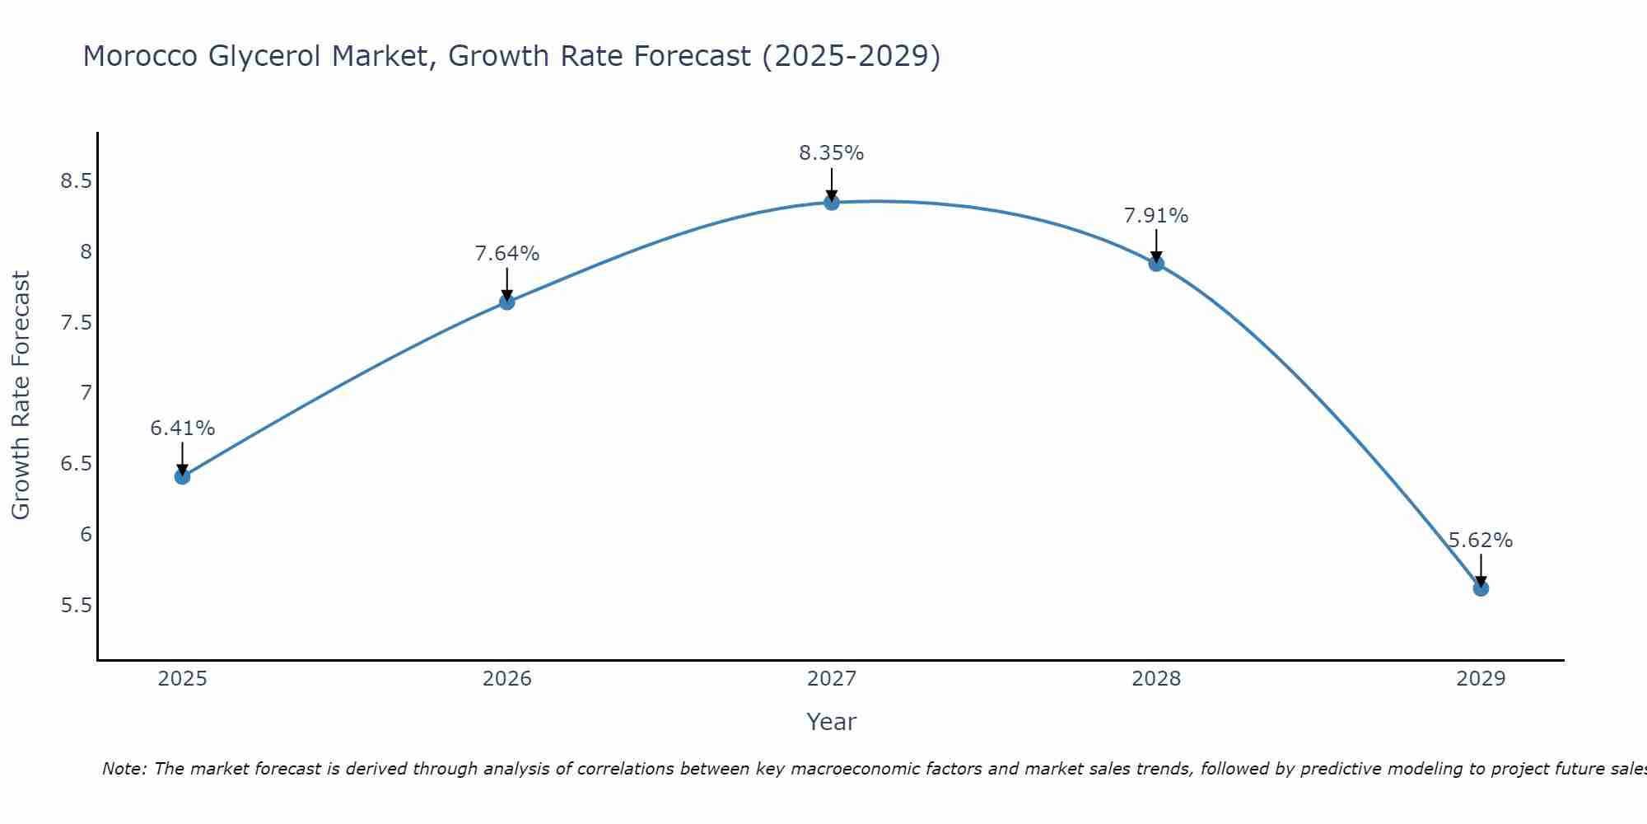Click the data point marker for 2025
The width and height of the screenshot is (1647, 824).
182,476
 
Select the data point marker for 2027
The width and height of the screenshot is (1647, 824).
832,202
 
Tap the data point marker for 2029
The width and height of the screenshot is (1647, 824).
1481,588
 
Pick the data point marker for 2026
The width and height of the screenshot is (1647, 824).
507,302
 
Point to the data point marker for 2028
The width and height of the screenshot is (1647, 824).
1156,264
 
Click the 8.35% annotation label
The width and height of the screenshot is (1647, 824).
832,153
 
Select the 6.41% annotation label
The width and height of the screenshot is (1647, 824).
182,428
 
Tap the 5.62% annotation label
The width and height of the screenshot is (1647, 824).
1481,541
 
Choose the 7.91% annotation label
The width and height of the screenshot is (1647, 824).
1156,216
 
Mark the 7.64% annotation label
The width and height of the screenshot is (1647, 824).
507,254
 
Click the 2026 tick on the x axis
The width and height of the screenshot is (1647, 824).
507,679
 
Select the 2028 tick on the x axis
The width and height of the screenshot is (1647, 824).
1156,679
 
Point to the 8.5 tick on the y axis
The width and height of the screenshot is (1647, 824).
76,181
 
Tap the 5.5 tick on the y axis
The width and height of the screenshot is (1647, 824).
76,606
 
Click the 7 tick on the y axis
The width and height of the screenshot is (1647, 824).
86,393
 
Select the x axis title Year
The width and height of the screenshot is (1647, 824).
832,722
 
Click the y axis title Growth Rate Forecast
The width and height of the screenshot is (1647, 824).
21,396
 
